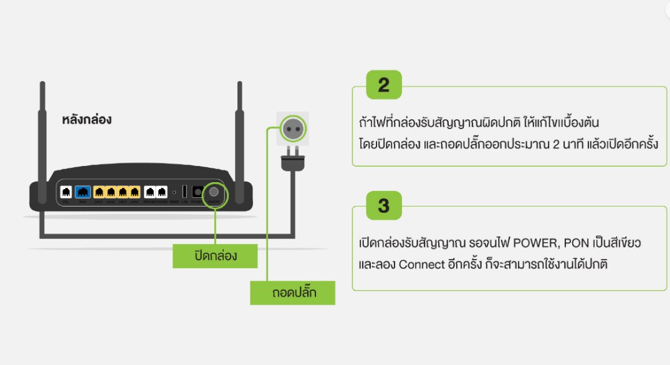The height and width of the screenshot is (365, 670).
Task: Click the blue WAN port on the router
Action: tap(82, 192)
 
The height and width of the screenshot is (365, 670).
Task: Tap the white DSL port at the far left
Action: tap(66, 192)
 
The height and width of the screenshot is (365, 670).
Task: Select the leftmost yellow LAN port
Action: tap(99, 192)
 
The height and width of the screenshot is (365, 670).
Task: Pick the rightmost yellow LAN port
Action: tap(135, 192)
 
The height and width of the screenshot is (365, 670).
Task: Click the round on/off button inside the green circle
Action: tap(214, 192)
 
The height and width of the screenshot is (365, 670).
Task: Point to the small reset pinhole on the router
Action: tap(175, 192)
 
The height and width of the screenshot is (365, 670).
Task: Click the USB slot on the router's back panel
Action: tap(185, 192)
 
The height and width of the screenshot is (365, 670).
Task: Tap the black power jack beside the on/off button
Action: tap(198, 192)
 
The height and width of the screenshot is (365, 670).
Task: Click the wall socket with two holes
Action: tap(292, 129)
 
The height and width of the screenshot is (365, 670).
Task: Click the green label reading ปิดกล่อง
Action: tap(215, 256)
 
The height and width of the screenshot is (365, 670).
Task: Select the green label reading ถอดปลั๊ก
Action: tap(292, 292)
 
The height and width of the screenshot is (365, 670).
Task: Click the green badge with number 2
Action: tap(383, 85)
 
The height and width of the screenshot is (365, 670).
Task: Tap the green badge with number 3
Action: tap(383, 205)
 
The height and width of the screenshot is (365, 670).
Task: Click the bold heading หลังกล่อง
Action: tap(87, 120)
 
